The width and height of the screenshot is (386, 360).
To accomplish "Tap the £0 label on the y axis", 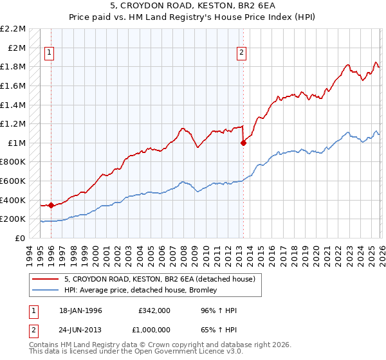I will (x=20, y=238).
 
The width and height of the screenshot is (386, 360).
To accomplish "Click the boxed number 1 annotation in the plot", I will (x=50, y=53).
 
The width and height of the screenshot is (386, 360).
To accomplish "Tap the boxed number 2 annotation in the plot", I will (x=242, y=53).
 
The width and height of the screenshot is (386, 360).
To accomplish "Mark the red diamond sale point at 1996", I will (x=51, y=205).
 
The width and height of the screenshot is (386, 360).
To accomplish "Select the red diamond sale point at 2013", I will (x=243, y=143).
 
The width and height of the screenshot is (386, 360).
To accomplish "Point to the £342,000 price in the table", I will (x=154, y=310).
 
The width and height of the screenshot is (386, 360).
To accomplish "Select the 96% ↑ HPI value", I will (x=219, y=310).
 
